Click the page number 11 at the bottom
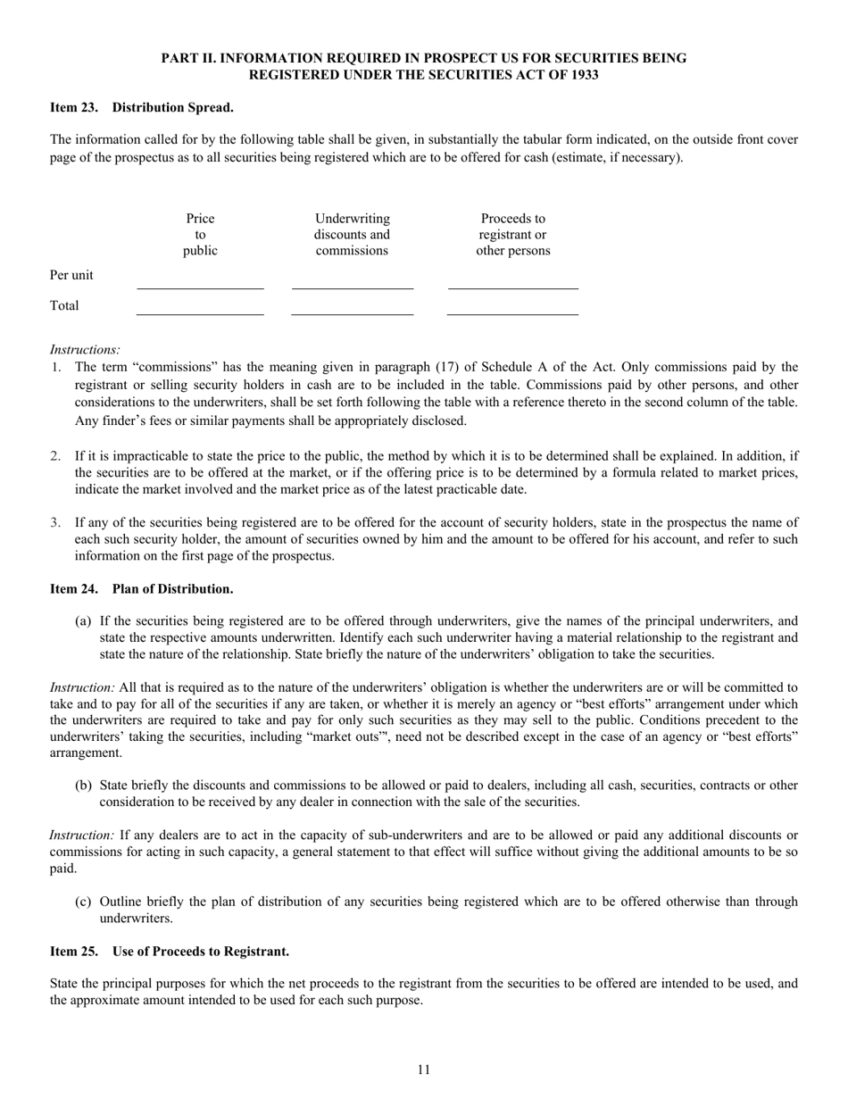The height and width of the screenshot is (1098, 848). click(423, 1069)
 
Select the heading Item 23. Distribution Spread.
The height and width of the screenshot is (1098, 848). click(141, 108)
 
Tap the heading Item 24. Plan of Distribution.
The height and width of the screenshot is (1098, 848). click(141, 589)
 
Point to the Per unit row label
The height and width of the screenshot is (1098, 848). click(71, 275)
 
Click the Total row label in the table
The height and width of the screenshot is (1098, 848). click(64, 305)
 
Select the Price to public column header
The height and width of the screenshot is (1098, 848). click(200, 235)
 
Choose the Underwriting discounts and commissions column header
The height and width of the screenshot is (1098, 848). click(353, 235)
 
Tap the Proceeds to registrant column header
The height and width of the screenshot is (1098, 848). click(512, 235)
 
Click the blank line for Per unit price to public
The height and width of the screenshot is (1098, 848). click(200, 287)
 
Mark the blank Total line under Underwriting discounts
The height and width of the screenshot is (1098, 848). click(353, 314)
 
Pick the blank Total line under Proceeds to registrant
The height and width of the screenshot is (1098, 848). click(512, 314)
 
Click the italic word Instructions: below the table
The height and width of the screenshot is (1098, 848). click(85, 350)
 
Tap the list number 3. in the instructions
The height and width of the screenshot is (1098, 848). click(55, 522)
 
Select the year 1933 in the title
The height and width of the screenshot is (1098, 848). click(582, 75)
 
